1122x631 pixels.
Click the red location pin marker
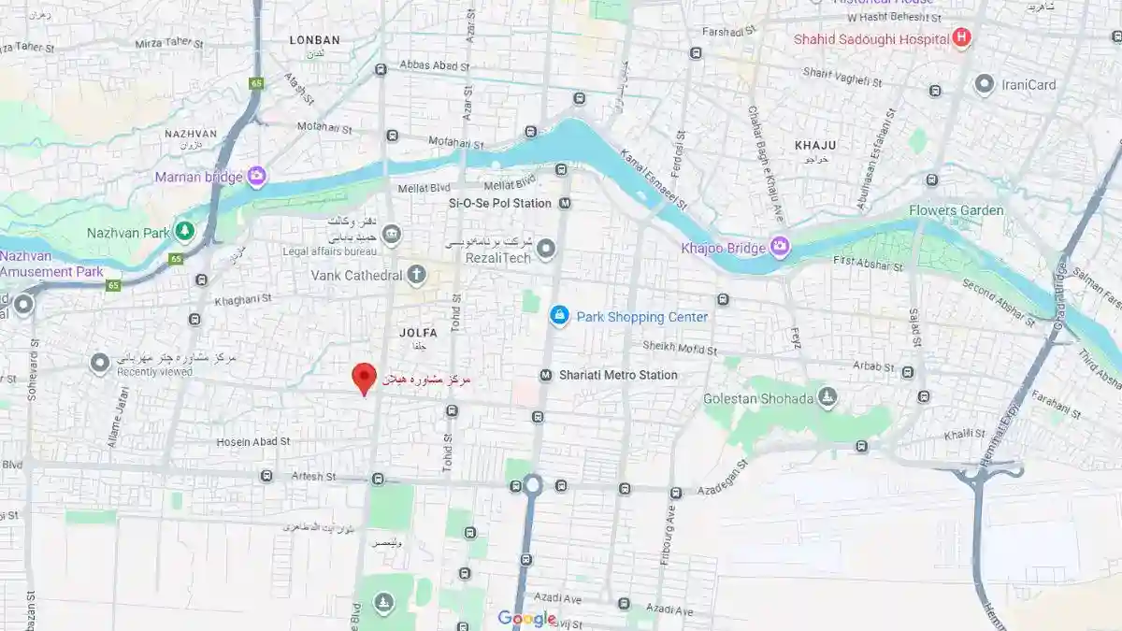(x=364, y=379)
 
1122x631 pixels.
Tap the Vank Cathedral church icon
(x=416, y=275)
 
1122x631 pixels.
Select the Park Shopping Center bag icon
(x=559, y=316)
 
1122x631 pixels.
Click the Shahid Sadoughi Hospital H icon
(x=960, y=38)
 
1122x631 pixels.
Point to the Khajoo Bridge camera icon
(x=780, y=247)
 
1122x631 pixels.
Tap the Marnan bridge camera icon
(x=257, y=176)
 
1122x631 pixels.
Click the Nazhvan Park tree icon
(x=185, y=231)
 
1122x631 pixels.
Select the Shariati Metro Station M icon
(x=545, y=375)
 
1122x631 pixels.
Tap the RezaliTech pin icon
(x=546, y=249)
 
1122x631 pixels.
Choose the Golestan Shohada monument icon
(x=827, y=399)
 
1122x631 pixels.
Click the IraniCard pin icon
(x=984, y=84)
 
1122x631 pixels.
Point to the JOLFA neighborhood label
(x=418, y=332)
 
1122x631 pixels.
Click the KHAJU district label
(x=815, y=145)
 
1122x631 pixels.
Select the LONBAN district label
(x=314, y=40)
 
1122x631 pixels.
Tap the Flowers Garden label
(x=956, y=210)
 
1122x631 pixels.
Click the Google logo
(x=526, y=618)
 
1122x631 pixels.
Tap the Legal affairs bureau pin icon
(x=392, y=235)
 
